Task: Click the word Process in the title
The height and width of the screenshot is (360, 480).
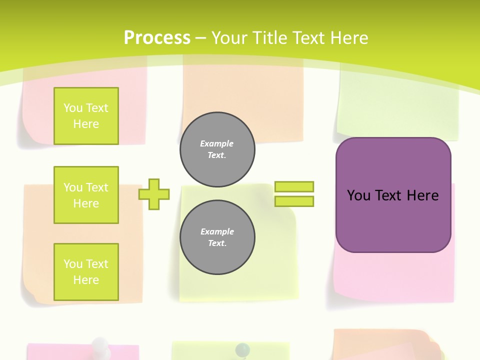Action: point(157,38)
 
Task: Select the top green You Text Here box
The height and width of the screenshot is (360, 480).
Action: point(86,116)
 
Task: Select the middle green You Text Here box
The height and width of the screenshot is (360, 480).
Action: point(86,195)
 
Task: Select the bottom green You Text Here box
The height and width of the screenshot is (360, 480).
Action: point(86,272)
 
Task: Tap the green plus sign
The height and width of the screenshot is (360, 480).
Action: point(154,194)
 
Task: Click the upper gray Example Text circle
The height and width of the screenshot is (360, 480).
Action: point(217,149)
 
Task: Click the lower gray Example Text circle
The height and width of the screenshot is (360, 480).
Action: point(217,237)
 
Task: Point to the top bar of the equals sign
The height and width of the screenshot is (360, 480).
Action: point(294,187)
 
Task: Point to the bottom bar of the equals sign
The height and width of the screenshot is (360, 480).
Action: point(294,201)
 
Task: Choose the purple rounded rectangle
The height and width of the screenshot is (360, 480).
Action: point(393,220)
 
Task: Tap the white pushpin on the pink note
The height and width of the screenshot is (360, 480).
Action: point(101,345)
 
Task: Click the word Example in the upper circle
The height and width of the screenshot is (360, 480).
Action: point(217,144)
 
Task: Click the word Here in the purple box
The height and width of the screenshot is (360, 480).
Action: point(422,195)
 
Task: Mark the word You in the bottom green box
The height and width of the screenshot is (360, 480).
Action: point(72,264)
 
